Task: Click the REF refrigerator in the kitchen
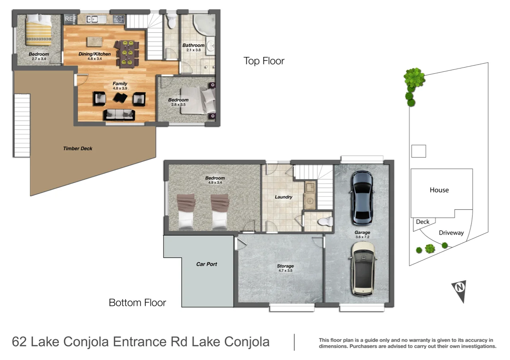tap(71, 19)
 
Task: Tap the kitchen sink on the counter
tap(96, 20)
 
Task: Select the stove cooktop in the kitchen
tap(119, 19)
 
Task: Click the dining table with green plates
tap(127, 54)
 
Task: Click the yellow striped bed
tap(39, 30)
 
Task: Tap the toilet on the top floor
tap(171, 21)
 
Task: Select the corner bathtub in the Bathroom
tap(204, 25)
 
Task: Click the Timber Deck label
tap(78, 149)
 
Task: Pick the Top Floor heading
tap(264, 61)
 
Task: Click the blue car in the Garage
tap(362, 198)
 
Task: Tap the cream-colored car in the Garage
tap(363, 269)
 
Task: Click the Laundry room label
tap(283, 197)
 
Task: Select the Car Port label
tap(206, 264)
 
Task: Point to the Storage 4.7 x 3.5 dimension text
tap(286, 270)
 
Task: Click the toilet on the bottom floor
tap(326, 221)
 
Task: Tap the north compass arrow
tap(459, 292)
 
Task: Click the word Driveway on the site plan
tap(451, 233)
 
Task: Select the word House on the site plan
tap(439, 190)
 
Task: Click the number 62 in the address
tap(19, 342)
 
